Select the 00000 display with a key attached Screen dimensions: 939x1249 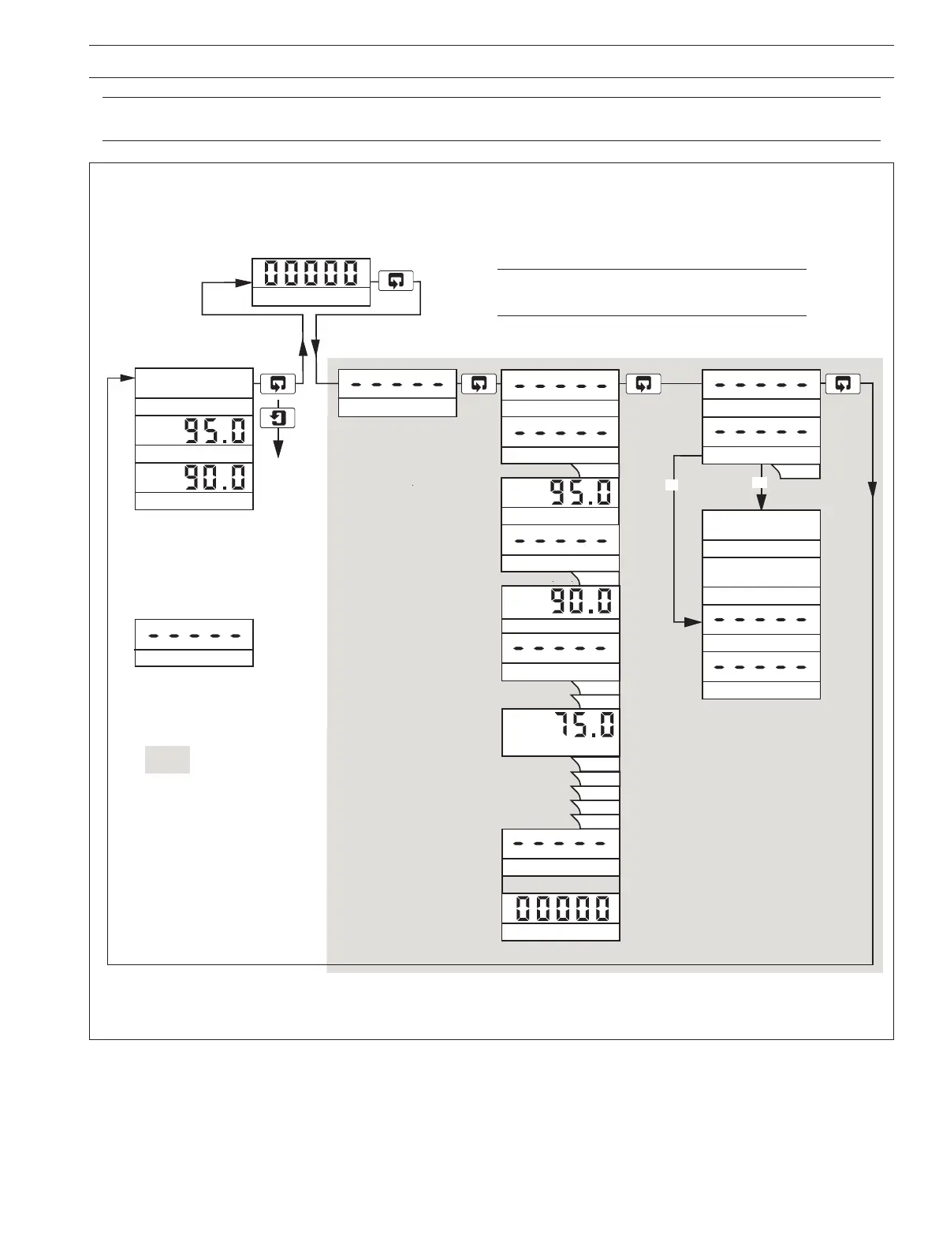click(x=311, y=274)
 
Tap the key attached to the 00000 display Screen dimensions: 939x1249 click(x=396, y=280)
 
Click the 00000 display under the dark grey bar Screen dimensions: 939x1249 click(x=561, y=908)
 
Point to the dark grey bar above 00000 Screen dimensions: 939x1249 click(x=561, y=883)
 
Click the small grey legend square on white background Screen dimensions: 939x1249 click(x=167, y=759)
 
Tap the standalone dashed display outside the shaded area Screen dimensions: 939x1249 click(x=194, y=635)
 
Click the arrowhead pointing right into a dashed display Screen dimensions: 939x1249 click(x=691, y=622)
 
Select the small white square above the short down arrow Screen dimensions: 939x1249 click(x=759, y=482)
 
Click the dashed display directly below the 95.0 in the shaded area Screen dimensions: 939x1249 click(x=561, y=541)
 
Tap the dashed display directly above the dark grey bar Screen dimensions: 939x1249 click(x=561, y=844)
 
